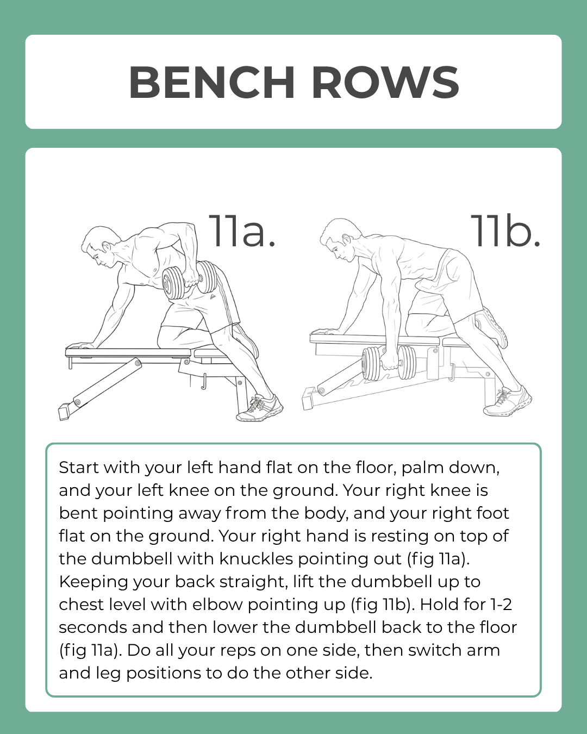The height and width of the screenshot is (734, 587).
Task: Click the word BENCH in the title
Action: pyautogui.click(x=211, y=83)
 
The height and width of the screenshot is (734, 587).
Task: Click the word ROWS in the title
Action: pyautogui.click(x=385, y=83)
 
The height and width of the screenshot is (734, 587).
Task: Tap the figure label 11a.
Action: pyautogui.click(x=242, y=231)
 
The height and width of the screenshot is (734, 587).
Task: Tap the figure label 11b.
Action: pyautogui.click(x=505, y=231)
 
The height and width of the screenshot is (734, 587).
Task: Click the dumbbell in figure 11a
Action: pyautogui.click(x=190, y=280)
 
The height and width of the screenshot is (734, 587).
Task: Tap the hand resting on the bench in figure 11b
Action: pyautogui.click(x=324, y=331)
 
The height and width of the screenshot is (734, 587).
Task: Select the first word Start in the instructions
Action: pyautogui.click(x=79, y=468)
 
